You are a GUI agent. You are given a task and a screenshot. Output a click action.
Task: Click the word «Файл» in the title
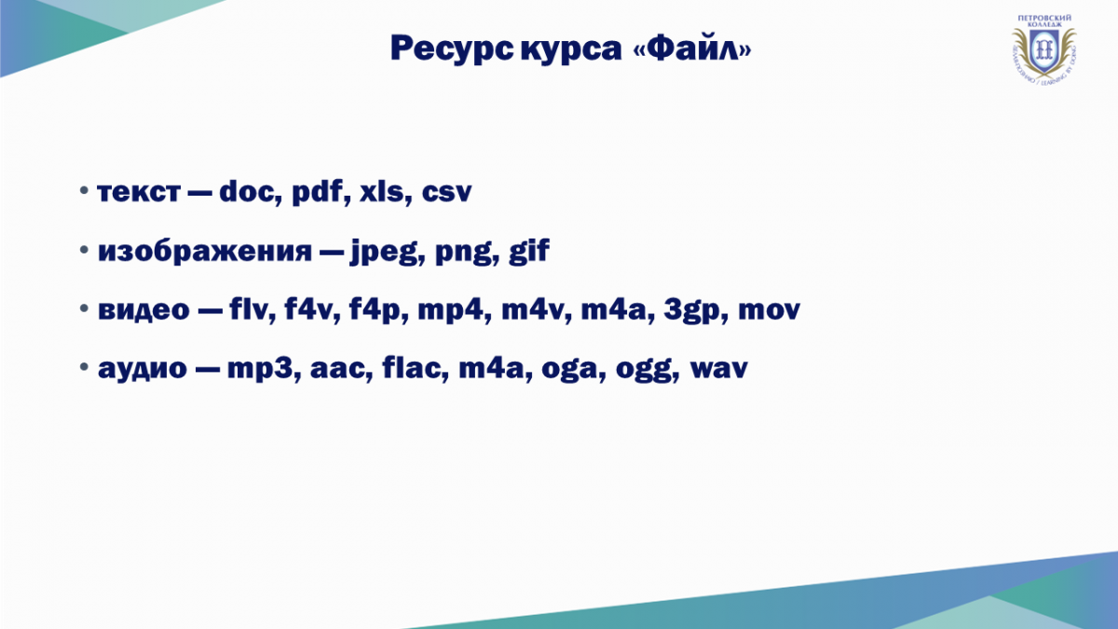point(691,48)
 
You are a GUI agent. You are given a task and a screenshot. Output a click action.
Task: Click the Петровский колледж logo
point(1044,48)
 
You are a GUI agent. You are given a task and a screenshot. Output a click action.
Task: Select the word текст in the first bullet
point(139,193)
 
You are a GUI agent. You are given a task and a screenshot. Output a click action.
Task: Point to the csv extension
point(446,193)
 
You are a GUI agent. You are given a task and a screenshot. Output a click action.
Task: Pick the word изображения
point(205,252)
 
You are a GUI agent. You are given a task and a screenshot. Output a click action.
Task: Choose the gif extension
point(529,251)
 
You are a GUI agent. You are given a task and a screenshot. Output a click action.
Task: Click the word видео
point(143,310)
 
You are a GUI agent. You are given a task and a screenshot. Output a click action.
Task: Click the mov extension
point(769,310)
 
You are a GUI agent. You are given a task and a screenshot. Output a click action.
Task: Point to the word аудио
point(143,369)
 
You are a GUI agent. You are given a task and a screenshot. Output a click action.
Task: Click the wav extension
point(718,369)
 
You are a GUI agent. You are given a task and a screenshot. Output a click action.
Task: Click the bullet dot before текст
point(84,190)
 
